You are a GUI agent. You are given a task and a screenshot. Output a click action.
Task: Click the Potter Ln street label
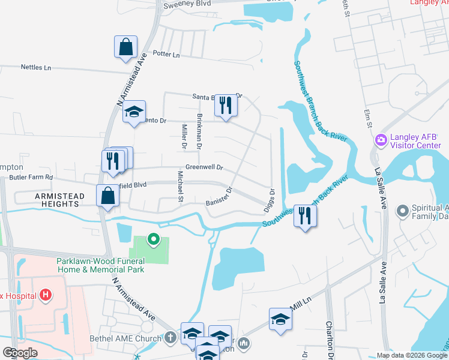pyautogui.click(x=167, y=55)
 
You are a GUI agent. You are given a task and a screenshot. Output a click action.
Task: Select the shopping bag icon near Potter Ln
pyautogui.click(x=126, y=47)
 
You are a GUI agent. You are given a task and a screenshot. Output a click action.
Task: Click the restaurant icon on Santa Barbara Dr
pyautogui.click(x=226, y=106)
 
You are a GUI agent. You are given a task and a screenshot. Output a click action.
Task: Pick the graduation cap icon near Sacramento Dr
pyautogui.click(x=134, y=111)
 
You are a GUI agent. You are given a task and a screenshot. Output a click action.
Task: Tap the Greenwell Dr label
pyautogui.click(x=204, y=167)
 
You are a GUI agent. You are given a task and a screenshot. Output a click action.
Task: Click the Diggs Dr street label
pyautogui.click(x=271, y=200)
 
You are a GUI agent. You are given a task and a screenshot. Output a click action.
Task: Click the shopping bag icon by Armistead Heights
pyautogui.click(x=107, y=195)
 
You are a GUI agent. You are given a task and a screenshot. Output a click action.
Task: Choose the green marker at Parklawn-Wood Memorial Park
pyautogui.click(x=154, y=240)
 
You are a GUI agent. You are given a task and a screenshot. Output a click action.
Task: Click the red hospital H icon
pyautogui.click(x=46, y=295)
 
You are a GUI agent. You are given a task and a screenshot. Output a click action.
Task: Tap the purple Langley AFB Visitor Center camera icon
pyautogui.click(x=380, y=140)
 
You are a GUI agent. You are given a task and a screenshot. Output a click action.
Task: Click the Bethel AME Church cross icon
pyautogui.click(x=170, y=337)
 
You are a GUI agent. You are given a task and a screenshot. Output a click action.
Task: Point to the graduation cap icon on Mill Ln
pyautogui.click(x=280, y=319)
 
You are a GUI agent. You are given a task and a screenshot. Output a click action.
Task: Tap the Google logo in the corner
pyautogui.click(x=20, y=353)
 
